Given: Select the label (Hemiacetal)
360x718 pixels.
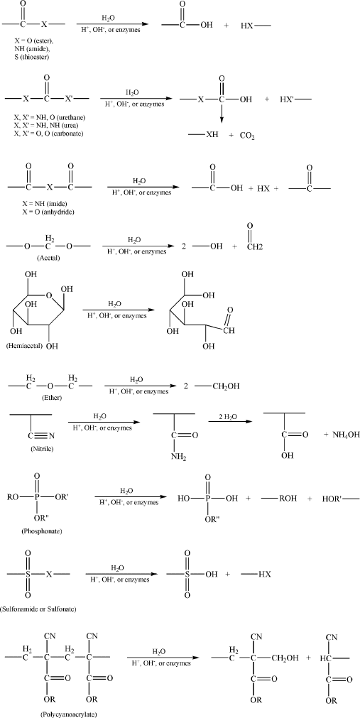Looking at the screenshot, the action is (24, 346).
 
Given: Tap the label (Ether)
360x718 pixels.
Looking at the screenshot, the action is (51, 398).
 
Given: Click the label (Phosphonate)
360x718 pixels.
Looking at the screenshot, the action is (42, 532).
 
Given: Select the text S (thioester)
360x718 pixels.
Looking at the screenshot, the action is (31, 58).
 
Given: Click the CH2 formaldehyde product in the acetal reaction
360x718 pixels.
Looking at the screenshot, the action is (251, 248).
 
